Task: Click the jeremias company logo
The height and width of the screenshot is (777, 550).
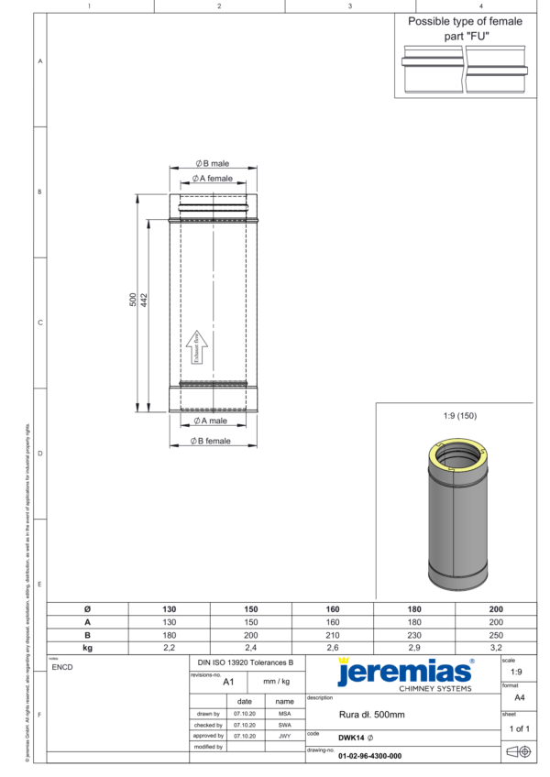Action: pyautogui.click(x=405, y=673)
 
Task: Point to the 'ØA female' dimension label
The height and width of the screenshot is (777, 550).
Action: pyautogui.click(x=212, y=179)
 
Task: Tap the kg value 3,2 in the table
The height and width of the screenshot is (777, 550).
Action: pyautogui.click(x=495, y=647)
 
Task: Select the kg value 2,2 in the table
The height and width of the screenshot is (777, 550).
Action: pyautogui.click(x=169, y=647)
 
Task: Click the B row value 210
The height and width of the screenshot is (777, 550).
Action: pyautogui.click(x=332, y=634)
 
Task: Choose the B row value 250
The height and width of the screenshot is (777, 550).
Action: pyautogui.click(x=495, y=634)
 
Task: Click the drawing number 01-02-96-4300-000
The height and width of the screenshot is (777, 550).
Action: pyautogui.click(x=369, y=756)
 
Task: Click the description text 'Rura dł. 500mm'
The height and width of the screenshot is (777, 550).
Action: pyautogui.click(x=371, y=714)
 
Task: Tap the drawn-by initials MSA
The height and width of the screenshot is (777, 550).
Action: pyautogui.click(x=285, y=713)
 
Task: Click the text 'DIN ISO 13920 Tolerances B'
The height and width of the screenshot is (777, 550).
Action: pyautogui.click(x=245, y=662)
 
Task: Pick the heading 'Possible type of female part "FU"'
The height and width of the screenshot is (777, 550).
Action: pyautogui.click(x=465, y=27)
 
